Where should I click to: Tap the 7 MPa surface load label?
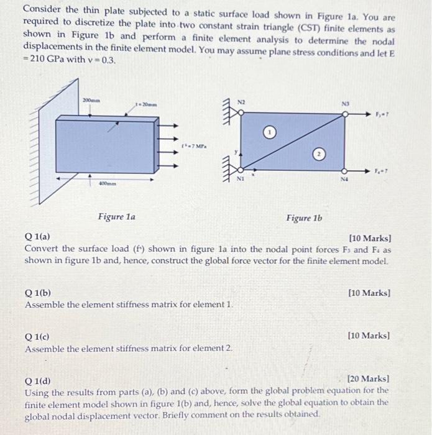[191, 147]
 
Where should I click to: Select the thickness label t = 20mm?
[147, 106]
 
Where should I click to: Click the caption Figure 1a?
[117, 217]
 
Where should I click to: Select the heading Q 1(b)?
[39, 293]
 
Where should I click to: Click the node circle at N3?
[345, 113]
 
